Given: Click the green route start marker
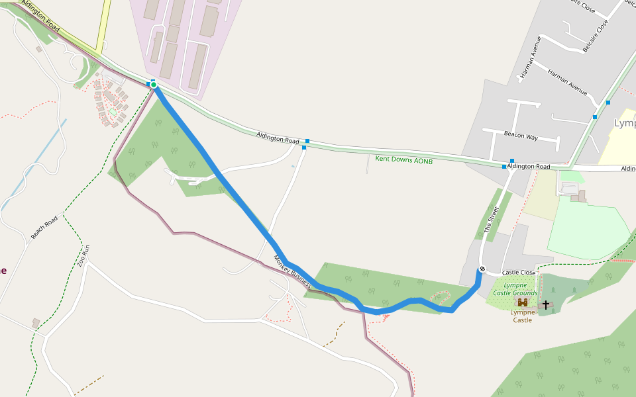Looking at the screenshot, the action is pos(153,85).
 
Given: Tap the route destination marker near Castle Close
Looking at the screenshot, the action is pos(482,269).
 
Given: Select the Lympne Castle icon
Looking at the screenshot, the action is pos(523,302).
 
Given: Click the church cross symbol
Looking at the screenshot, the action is pos(546,304).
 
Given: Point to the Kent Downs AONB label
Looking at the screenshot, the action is pos(403,159).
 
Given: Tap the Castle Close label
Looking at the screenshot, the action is pos(518,273).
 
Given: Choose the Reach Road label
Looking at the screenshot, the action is pos(44,227).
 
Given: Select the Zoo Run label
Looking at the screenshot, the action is pos(83,256).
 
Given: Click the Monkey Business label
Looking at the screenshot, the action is pos(292,271).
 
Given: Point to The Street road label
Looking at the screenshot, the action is pos(492,220).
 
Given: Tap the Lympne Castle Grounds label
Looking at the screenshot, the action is pos(515,289).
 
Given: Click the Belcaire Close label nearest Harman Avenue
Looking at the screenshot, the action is pos(595,36).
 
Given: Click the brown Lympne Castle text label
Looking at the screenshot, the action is pos(522,316).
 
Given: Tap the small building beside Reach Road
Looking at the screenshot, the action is pos(35,323).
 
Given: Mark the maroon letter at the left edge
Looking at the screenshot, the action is pos(3,270).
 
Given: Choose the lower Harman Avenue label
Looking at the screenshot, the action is pos(568,81).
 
